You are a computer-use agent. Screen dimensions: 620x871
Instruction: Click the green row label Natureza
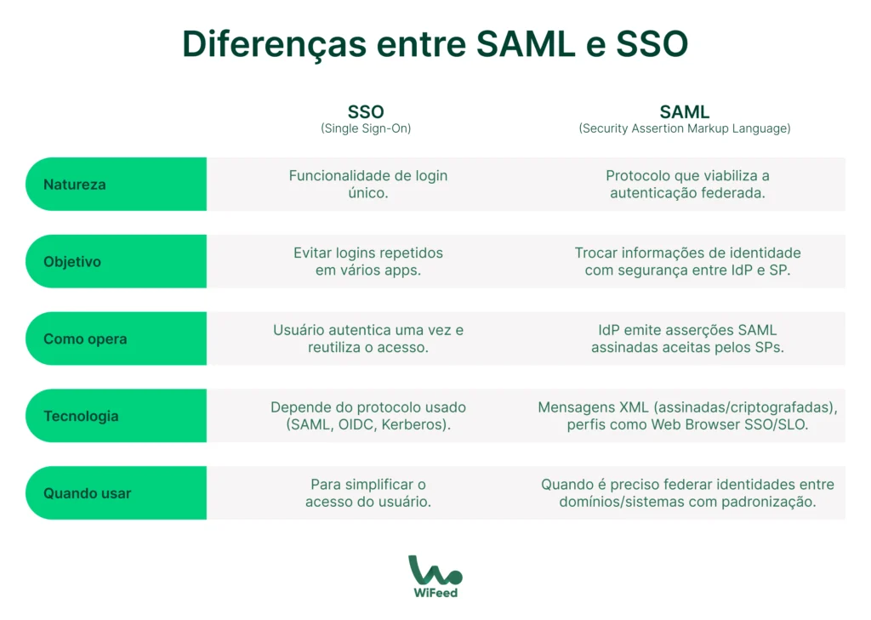click(x=75, y=185)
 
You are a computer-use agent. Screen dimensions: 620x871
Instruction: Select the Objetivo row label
click(x=72, y=262)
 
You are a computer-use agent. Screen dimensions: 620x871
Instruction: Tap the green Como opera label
click(x=85, y=338)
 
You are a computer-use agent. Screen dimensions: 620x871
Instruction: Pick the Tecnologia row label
click(x=81, y=416)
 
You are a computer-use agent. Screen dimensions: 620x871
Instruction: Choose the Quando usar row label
click(x=87, y=493)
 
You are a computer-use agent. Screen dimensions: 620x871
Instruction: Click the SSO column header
click(x=366, y=112)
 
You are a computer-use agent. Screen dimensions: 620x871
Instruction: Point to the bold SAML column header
click(x=685, y=112)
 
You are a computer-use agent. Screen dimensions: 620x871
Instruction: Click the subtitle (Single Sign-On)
click(x=366, y=129)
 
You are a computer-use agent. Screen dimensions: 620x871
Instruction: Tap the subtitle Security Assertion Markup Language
click(x=685, y=129)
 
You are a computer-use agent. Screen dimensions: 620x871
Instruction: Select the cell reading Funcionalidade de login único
click(x=367, y=184)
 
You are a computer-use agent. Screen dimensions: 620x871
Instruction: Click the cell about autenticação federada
click(x=687, y=184)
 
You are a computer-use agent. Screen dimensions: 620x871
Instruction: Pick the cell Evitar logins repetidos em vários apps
click(x=367, y=261)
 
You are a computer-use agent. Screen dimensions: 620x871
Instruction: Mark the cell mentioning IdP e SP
click(x=687, y=261)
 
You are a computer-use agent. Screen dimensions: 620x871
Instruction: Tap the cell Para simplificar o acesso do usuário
click(x=367, y=492)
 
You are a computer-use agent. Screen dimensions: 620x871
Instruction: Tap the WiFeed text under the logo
click(x=435, y=592)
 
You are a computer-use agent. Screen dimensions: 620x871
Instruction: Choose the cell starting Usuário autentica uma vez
click(x=367, y=338)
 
